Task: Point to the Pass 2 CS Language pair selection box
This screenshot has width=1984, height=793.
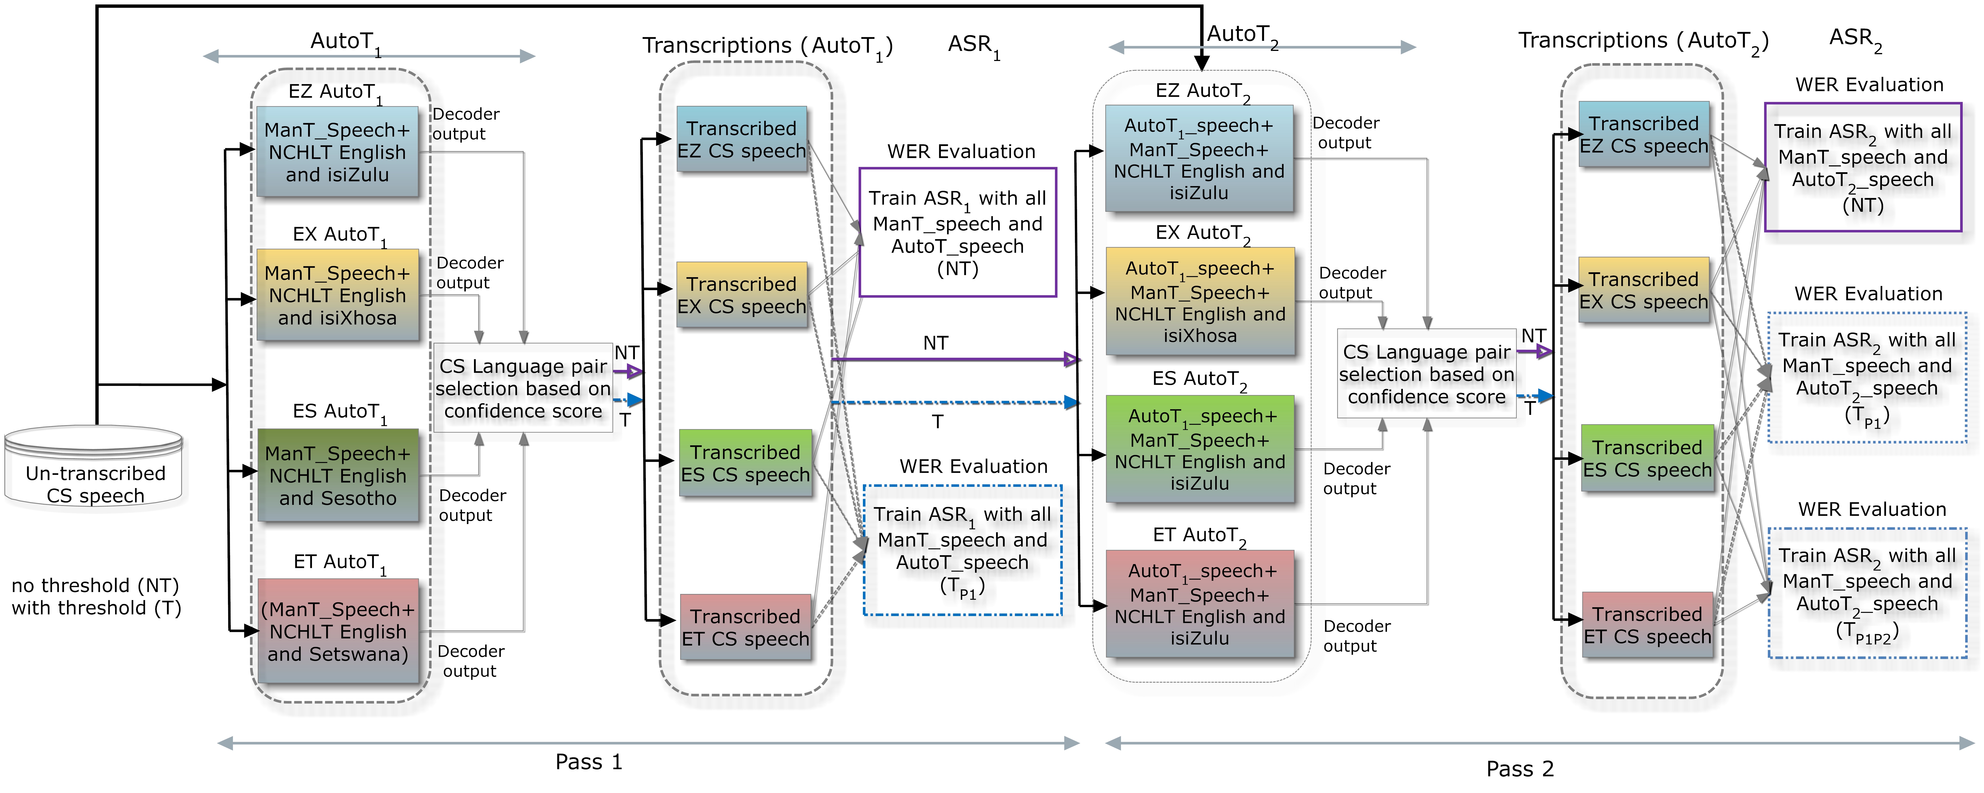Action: pyautogui.click(x=1426, y=374)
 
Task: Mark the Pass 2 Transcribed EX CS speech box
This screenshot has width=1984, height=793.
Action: pyautogui.click(x=1644, y=290)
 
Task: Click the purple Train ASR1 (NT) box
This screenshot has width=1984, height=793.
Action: pyautogui.click(x=957, y=233)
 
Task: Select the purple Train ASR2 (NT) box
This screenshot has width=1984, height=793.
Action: pyautogui.click(x=1863, y=167)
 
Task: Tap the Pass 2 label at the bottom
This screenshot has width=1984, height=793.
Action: pyautogui.click(x=1519, y=768)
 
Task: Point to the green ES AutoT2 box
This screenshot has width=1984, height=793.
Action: pyautogui.click(x=1200, y=449)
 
